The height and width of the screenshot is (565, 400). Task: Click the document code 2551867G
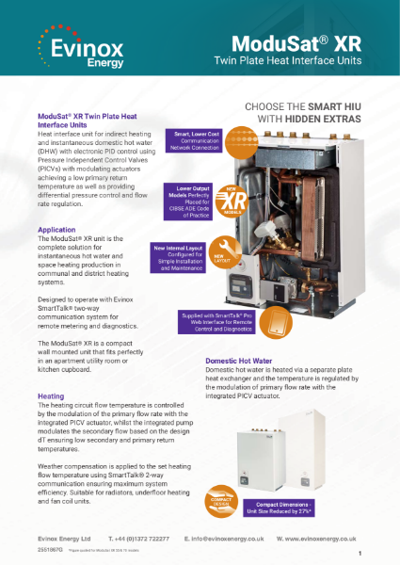[x=51, y=548]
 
